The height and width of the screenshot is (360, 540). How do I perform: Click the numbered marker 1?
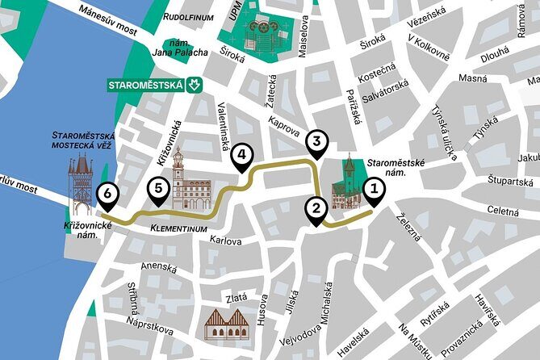point(374,190)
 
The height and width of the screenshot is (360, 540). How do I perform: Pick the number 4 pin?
point(241,156)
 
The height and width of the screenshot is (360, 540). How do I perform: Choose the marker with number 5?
point(159,190)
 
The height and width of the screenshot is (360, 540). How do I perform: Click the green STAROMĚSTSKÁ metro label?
point(147,84)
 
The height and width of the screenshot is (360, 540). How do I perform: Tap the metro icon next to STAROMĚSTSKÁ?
point(194,84)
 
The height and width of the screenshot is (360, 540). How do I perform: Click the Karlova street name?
point(225,240)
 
